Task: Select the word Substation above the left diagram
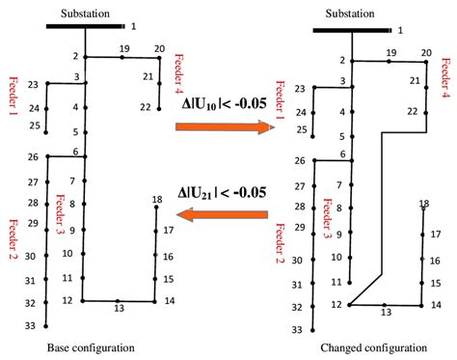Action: coord(85,11)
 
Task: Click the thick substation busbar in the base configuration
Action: coord(85,26)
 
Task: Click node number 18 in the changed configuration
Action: coord(424,204)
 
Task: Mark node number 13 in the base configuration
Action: coord(119,309)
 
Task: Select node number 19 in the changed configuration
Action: coord(390,51)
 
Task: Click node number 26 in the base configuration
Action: coord(32,157)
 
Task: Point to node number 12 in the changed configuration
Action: coord(335,305)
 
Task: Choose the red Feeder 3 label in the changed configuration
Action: coord(327,216)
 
